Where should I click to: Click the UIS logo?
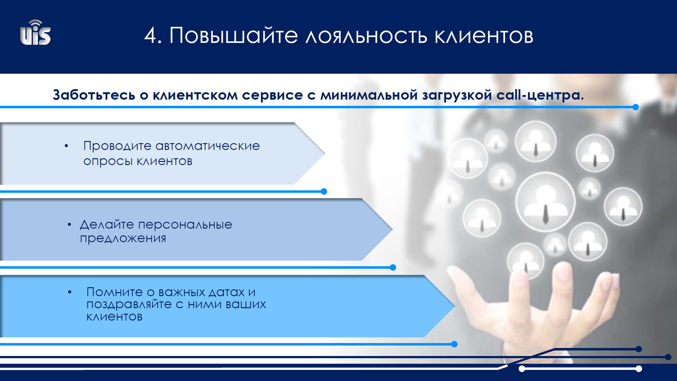(35, 33)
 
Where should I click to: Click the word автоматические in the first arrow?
(208, 146)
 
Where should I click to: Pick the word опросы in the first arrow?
(108, 161)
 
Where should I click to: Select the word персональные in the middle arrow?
(185, 225)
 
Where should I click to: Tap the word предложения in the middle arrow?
(123, 238)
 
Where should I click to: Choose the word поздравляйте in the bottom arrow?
(129, 304)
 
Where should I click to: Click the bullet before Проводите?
(66, 146)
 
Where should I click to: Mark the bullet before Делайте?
(69, 225)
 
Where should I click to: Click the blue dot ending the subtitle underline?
(635, 107)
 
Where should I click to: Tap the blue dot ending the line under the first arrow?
(324, 191)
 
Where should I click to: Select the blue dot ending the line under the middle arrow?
(393, 267)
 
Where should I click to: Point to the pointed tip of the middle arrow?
(392, 229)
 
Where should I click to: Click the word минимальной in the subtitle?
(369, 95)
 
